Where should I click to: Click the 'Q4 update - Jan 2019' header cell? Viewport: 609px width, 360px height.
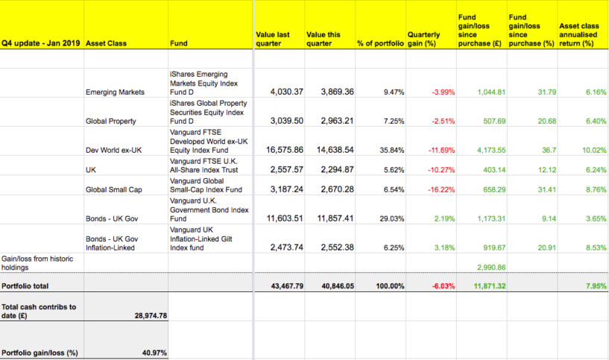point(42,42)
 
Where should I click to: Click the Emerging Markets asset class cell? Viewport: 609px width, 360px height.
point(116,92)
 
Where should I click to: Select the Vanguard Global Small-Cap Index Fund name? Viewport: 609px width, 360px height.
point(209,186)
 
